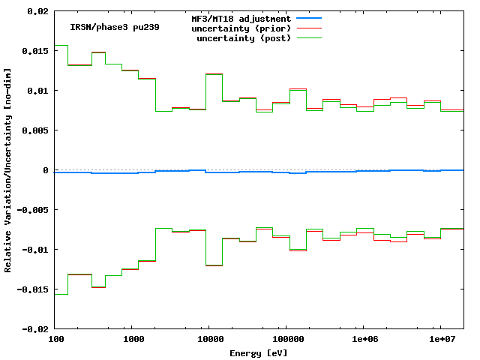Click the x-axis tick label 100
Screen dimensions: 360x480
[x=55, y=340]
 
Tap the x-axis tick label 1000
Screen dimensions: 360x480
[x=133, y=340]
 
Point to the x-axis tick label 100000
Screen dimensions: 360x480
[x=286, y=340]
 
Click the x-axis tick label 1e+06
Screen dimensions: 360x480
[x=363, y=340]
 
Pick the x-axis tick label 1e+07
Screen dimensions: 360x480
[x=439, y=340]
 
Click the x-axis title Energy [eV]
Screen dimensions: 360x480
[x=259, y=352]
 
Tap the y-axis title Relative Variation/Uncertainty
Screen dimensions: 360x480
[x=8, y=170]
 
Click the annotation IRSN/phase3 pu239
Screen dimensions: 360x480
[x=115, y=28]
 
